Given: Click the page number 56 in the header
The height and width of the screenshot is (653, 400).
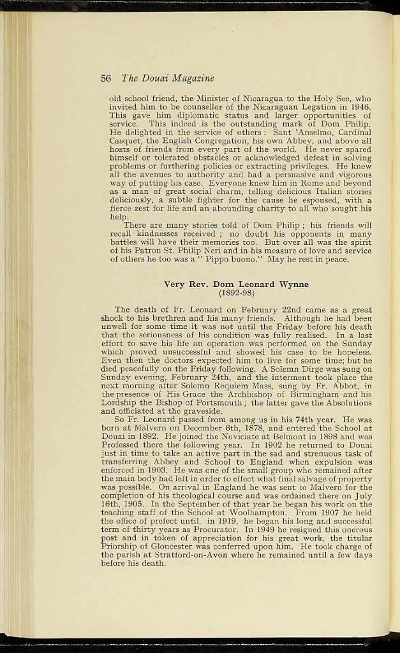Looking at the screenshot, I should [106, 78].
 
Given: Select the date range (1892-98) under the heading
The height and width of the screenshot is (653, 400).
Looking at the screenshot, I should [237, 293].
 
